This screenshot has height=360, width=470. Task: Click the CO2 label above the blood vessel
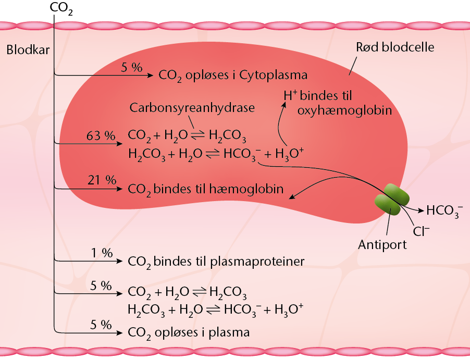[61, 8]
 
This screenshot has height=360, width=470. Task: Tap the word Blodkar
[28, 50]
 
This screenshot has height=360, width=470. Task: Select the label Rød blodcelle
[395, 47]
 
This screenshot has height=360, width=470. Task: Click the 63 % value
[101, 136]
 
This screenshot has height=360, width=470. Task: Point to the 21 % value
[102, 180]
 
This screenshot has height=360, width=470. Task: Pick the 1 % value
[102, 253]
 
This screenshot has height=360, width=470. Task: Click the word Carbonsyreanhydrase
[192, 108]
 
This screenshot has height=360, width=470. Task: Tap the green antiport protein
[392, 200]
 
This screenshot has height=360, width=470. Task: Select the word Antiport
[382, 245]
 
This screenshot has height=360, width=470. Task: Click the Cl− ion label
[421, 231]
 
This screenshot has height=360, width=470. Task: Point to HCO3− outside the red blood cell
[444, 210]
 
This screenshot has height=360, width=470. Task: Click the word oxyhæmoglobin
[345, 110]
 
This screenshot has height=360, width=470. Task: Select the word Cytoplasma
[273, 75]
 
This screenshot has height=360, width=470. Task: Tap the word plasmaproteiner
[257, 262]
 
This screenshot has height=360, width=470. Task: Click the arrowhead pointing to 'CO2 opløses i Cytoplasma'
[151, 75]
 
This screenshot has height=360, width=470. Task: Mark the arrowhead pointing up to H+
[284, 105]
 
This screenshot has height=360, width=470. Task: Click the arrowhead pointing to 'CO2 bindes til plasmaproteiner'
[120, 261]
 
